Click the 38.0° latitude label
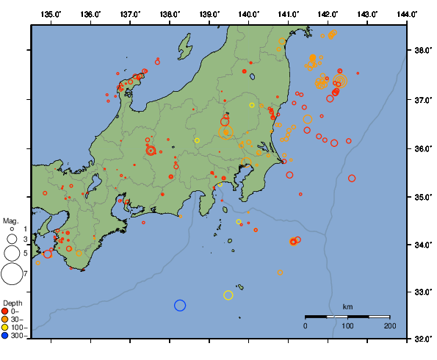tap(422, 51)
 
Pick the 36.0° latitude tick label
tap(422, 148)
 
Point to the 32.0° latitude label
tap(422, 340)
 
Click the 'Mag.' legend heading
tap(10, 220)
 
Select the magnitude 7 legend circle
tap(12, 274)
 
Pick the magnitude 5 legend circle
tap(12, 253)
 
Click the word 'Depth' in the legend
tap(12, 303)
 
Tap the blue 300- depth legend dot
tap(5, 336)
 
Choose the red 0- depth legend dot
tap(5, 311)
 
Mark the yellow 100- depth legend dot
tap(5, 328)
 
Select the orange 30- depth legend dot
tap(5, 319)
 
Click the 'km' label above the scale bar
tap(347, 306)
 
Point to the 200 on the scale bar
tap(389, 325)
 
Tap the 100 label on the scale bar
tap(347, 325)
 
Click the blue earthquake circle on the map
tap(180, 306)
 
